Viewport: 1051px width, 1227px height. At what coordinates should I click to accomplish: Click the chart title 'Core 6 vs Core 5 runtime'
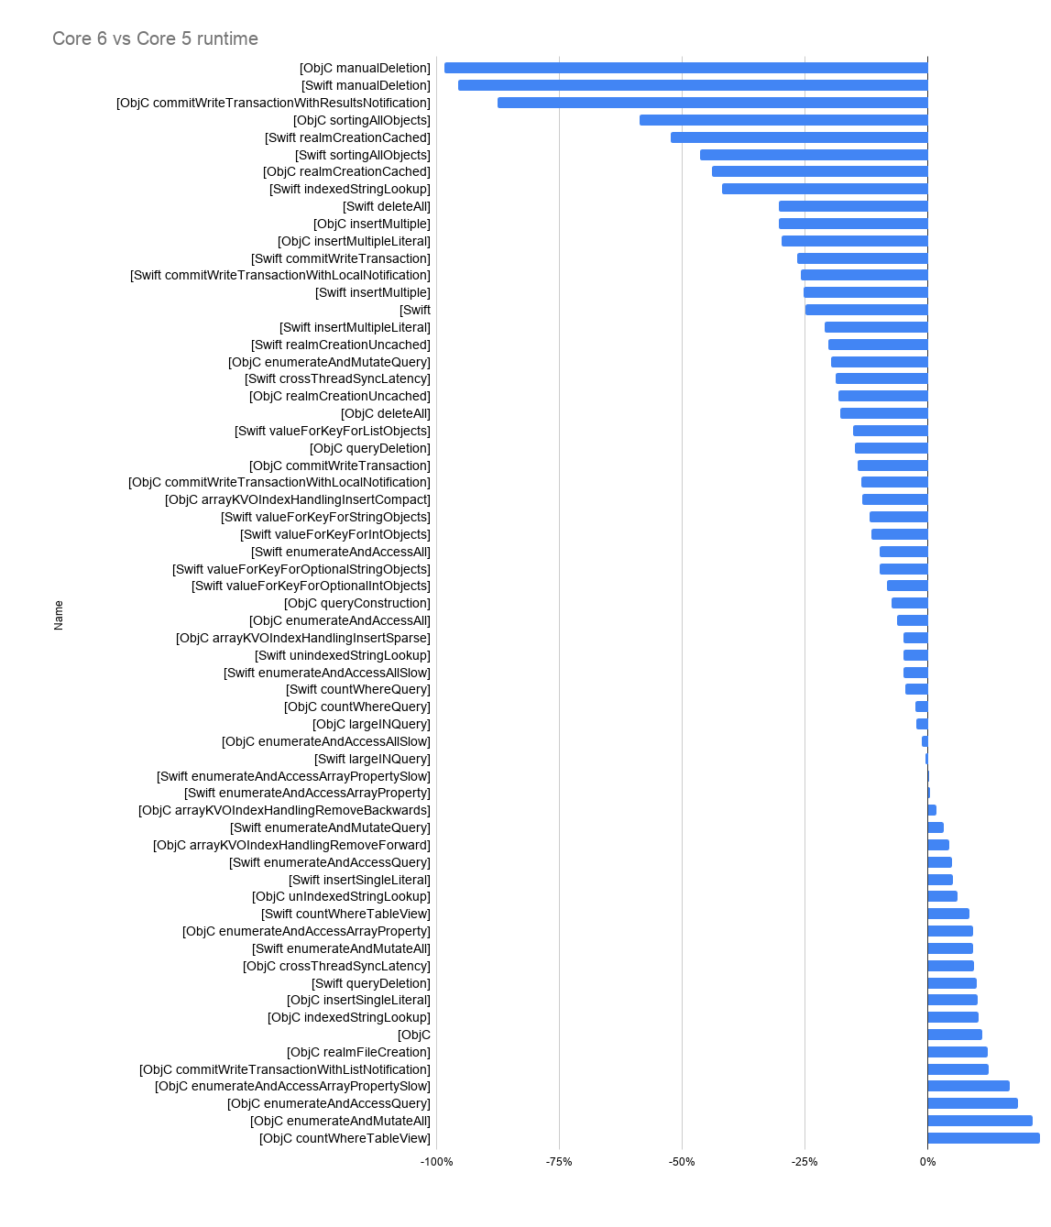point(155,38)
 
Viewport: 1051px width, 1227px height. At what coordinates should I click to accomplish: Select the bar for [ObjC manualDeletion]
point(685,68)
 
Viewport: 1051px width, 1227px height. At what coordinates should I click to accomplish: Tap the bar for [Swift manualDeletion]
point(693,85)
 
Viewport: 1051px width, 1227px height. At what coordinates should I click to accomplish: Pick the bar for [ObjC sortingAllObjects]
point(783,120)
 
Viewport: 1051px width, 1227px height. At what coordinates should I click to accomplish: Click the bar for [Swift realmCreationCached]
point(799,137)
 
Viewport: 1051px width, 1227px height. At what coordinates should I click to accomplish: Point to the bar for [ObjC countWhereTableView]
point(983,1138)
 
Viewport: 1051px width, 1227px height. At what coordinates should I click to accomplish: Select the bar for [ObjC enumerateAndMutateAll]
point(980,1121)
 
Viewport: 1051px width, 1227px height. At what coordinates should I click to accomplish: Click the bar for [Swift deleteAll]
point(853,206)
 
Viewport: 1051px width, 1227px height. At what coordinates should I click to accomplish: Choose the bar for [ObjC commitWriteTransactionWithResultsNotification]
point(712,103)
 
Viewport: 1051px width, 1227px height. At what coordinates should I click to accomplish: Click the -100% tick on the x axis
point(436,1162)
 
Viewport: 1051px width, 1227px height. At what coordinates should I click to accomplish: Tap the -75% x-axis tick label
point(559,1162)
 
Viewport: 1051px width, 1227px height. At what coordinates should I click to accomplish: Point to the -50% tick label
point(682,1162)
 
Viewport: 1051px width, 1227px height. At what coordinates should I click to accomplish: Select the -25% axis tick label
point(805,1162)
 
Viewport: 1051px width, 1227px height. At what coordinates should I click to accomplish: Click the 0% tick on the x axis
point(927,1162)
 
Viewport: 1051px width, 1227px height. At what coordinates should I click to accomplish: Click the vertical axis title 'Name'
point(59,615)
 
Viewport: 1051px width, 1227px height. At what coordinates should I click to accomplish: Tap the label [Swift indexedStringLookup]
point(350,189)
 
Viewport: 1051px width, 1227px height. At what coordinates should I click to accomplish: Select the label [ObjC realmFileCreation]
point(358,1052)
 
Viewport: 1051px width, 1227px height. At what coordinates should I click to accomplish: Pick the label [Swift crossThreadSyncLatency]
point(337,378)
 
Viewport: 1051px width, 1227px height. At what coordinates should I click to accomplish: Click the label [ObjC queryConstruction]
point(357,603)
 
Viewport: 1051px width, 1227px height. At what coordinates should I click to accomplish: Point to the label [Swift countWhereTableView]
point(345,914)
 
